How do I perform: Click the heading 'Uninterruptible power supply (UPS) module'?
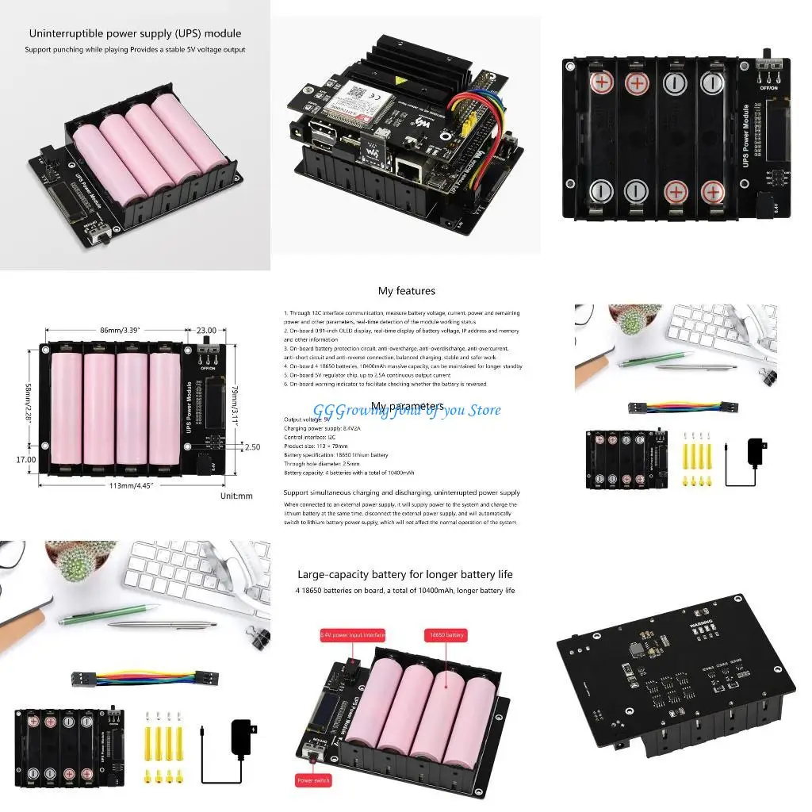click(x=135, y=33)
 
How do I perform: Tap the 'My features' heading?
click(x=406, y=291)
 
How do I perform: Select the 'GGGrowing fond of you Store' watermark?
click(x=407, y=410)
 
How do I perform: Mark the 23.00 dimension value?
click(x=205, y=331)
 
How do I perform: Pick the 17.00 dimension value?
click(x=25, y=459)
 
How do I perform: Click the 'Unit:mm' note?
click(x=236, y=496)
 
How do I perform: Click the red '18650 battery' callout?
click(x=446, y=635)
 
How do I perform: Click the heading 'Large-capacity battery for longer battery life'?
click(x=405, y=574)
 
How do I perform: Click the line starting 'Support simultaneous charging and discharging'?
click(x=401, y=492)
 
